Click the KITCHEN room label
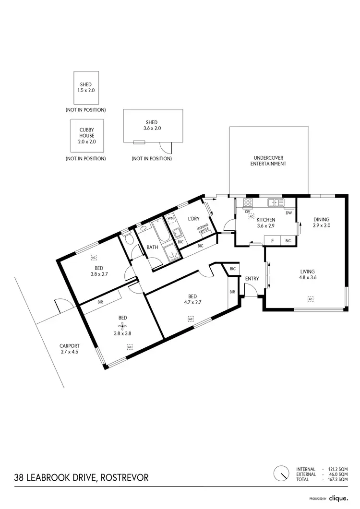tap(265, 220)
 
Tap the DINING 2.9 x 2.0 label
tap(321, 222)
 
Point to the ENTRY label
tap(252, 278)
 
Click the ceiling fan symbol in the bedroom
tap(122, 325)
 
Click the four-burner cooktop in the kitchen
tap(248, 202)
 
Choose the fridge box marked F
tap(272, 240)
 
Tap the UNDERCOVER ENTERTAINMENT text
tap(268, 161)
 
